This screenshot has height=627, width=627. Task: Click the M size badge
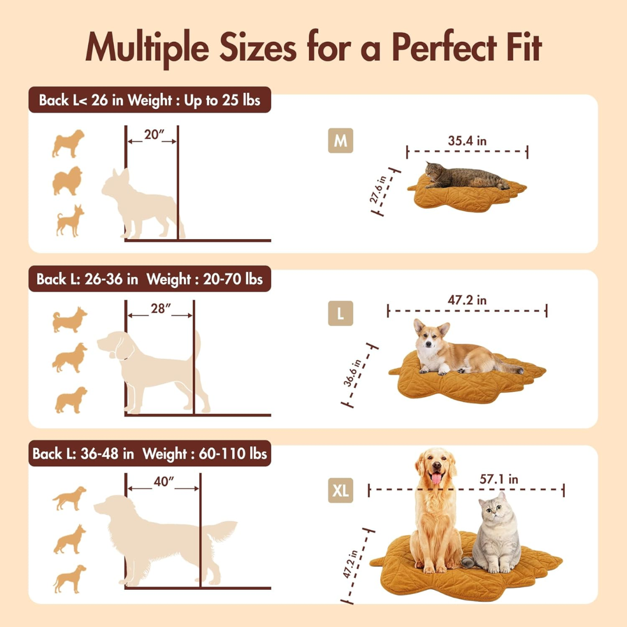(340, 141)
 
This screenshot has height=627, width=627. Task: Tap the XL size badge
(340, 491)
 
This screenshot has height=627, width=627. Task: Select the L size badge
(340, 314)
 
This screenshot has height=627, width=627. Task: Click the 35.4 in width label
(467, 140)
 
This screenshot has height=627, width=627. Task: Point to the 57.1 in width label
(499, 479)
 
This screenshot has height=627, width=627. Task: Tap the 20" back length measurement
(152, 135)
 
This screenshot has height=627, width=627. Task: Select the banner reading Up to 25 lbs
(222, 100)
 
